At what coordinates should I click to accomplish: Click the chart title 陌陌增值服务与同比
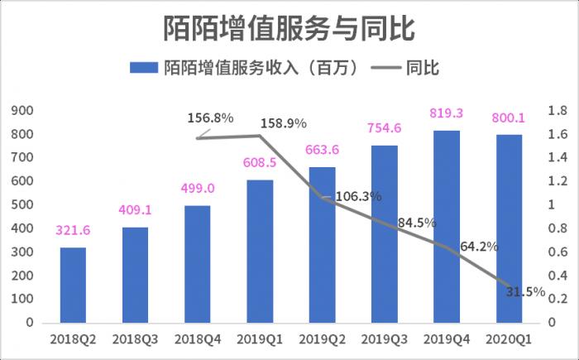289,28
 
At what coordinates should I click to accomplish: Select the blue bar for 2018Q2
73,285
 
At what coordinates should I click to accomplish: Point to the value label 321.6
74,231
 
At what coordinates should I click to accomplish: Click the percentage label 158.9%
284,123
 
